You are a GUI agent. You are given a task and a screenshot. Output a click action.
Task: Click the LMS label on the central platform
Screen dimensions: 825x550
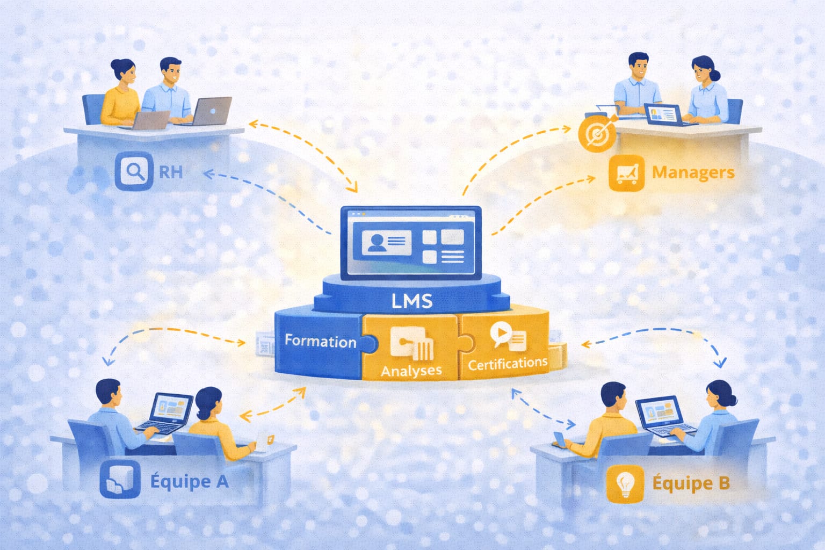(x=412, y=301)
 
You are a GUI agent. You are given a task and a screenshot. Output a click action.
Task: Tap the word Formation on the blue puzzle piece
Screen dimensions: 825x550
(x=321, y=341)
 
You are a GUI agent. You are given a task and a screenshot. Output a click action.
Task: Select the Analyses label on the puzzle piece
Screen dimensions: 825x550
(x=411, y=371)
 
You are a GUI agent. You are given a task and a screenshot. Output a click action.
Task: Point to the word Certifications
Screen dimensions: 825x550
(x=508, y=364)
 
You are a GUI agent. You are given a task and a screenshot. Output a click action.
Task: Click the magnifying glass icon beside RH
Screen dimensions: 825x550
(x=134, y=171)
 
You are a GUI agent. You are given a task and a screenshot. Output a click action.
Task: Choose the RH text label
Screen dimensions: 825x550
(x=170, y=172)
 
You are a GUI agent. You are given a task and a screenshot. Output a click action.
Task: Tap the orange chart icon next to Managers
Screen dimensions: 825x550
(x=626, y=173)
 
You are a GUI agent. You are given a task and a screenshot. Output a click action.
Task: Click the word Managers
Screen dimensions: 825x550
(x=693, y=172)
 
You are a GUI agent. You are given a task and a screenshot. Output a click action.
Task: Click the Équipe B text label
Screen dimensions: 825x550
(x=691, y=482)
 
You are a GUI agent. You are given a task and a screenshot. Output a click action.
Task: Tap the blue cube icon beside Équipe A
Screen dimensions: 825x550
(x=120, y=479)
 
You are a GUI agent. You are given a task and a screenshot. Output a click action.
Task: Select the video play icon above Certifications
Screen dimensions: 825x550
(x=501, y=333)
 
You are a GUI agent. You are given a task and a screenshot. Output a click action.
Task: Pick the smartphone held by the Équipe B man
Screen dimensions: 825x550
(x=560, y=439)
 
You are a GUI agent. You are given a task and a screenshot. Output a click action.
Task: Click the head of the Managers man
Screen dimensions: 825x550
(x=638, y=66)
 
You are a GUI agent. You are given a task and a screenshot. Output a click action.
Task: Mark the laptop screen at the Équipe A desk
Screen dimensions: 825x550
(x=172, y=409)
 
